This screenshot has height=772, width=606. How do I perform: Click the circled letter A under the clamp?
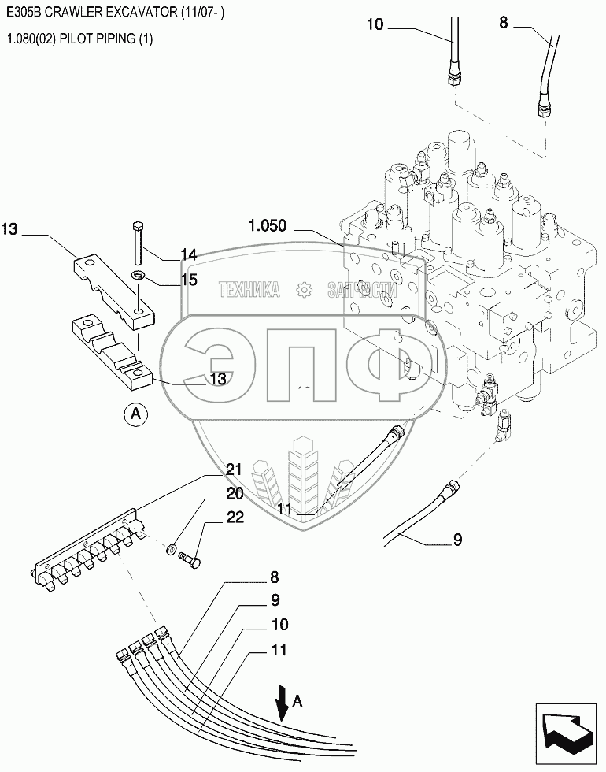tap(135, 414)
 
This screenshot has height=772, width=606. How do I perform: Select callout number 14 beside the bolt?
tap(188, 254)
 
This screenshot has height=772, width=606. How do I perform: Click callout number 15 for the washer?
tap(189, 280)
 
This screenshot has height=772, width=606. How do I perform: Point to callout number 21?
tap(235, 470)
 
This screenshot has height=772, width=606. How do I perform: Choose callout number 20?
tap(235, 493)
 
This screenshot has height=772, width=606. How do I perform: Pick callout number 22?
tap(235, 517)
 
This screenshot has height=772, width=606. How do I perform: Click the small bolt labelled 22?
tap(190, 559)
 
